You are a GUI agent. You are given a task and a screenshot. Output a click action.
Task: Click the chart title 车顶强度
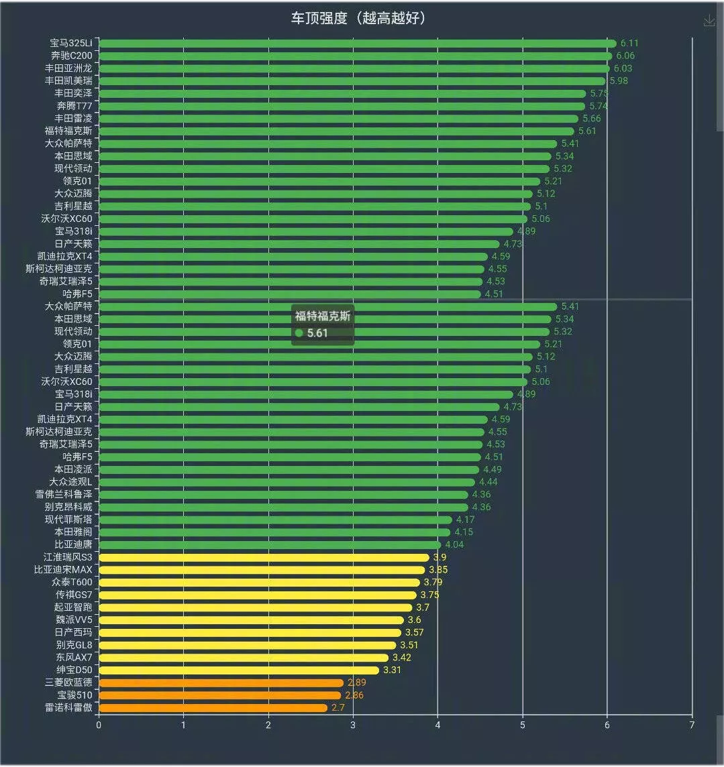pos(358,18)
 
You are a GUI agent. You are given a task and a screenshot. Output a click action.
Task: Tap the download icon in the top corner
pos(709,21)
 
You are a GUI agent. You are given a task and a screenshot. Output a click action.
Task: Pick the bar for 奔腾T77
pos(342,106)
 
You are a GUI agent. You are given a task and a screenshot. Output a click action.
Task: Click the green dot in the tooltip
pos(299,333)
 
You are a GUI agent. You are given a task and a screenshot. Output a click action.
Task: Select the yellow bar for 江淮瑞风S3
pos(264,557)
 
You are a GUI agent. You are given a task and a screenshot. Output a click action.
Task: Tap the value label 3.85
pos(438,570)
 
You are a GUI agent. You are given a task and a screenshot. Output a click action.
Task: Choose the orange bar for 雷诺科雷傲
pos(213,707)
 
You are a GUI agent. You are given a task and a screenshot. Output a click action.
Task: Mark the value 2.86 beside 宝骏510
pos(354,695)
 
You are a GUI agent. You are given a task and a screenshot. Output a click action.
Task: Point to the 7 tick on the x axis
pos(692,724)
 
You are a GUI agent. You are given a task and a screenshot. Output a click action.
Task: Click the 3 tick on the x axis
pos(353,724)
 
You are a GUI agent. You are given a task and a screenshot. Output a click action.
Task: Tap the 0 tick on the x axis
pos(99,724)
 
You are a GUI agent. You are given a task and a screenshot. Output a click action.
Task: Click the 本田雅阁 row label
pos(73,532)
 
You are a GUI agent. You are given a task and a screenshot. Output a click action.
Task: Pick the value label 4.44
pos(488,482)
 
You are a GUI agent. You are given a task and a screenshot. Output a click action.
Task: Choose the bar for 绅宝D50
pos(239,670)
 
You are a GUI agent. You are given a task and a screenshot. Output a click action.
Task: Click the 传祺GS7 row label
pos(74,595)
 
